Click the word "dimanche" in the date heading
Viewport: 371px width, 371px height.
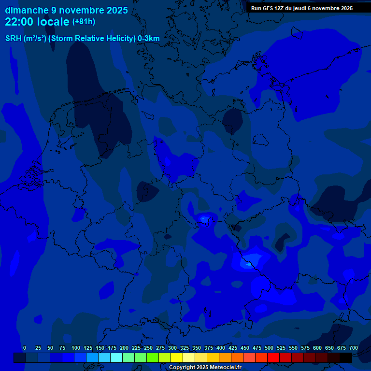[x=27, y=10]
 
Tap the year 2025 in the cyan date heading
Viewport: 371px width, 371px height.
[x=116, y=10]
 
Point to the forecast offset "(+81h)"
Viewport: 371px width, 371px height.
[x=83, y=22]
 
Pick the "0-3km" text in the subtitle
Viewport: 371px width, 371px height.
[x=148, y=39]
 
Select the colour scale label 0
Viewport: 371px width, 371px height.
[x=25, y=348]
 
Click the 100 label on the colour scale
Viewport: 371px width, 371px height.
[x=76, y=348]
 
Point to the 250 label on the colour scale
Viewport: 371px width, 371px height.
[x=148, y=348]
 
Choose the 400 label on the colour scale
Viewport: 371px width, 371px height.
[x=221, y=348]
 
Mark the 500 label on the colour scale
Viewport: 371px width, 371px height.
[x=269, y=348]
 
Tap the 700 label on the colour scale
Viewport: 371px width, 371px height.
[x=353, y=348]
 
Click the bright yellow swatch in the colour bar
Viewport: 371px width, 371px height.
[x=177, y=357]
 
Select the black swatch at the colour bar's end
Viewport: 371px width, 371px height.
[x=346, y=357]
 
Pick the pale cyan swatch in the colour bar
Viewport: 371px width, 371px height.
[x=116, y=357]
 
